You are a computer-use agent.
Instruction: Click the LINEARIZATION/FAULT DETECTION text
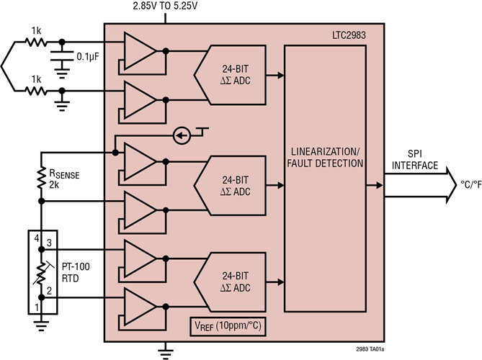pyautogui.click(x=326, y=158)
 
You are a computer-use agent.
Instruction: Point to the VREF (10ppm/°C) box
pyautogui.click(x=227, y=326)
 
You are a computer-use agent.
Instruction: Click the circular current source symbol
pyautogui.click(x=183, y=135)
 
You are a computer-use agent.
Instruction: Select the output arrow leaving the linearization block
pyautogui.click(x=378, y=186)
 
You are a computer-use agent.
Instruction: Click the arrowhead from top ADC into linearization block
pyautogui.click(x=280, y=75)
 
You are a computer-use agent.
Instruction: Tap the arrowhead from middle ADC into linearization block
pyautogui.click(x=280, y=186)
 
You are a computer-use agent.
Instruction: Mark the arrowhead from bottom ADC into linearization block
pyautogui.click(x=280, y=282)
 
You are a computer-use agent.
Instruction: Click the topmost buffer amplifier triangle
pyautogui.click(x=138, y=50)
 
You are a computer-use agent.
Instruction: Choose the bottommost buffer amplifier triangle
pyautogui.click(x=138, y=306)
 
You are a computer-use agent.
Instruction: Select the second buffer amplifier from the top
pyautogui.click(x=138, y=99)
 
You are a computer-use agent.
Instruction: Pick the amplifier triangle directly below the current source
pyautogui.click(x=138, y=161)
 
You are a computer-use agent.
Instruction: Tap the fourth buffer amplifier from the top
pyautogui.click(x=138, y=210)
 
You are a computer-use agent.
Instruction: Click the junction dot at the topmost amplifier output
pyautogui.click(x=166, y=51)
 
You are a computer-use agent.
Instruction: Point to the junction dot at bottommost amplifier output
pyautogui.click(x=166, y=306)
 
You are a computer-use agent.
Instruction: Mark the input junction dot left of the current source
pyautogui.click(x=115, y=152)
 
